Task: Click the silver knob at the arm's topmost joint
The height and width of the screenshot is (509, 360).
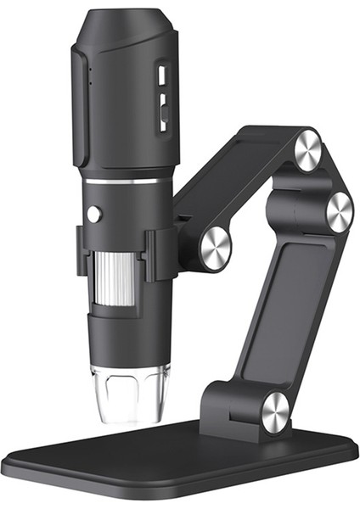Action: [307, 150]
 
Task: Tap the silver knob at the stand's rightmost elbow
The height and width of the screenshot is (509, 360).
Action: [338, 211]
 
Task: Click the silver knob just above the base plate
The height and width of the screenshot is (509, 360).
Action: [276, 411]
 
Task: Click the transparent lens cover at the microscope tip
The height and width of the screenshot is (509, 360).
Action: [129, 392]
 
